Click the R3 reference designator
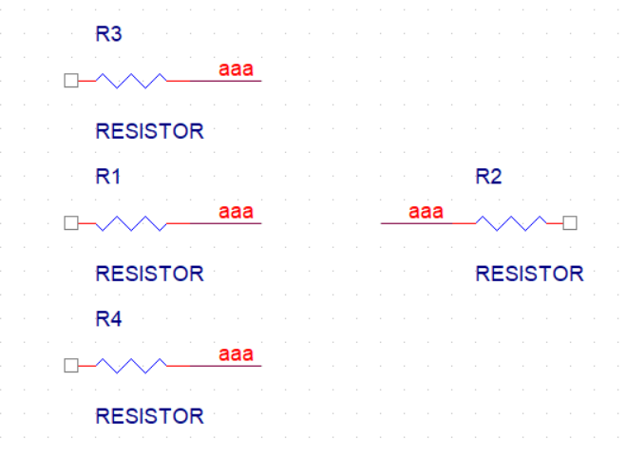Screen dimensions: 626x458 pos(108,34)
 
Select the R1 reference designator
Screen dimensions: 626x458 pos(107,177)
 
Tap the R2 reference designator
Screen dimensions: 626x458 pos(488,177)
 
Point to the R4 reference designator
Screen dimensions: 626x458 pos(108,319)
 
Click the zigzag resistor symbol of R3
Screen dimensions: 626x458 pos(131,81)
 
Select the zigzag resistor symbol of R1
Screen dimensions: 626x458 pos(131,223)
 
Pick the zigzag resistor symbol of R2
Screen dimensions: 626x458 pos(511,223)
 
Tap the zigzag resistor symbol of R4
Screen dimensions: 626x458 pos(131,366)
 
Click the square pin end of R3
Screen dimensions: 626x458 pos(71,81)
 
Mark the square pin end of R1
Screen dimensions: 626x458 pos(71,223)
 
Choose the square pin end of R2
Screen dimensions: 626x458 pos(570,223)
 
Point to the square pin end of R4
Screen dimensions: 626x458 pos(71,366)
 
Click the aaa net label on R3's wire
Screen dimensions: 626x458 pos(236,69)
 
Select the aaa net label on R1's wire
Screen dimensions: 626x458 pos(236,212)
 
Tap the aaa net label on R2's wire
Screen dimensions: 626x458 pos(426,212)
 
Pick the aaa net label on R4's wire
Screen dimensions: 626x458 pos(236,354)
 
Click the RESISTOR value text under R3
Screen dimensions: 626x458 pos(150,131)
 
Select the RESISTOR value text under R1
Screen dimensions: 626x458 pos(150,274)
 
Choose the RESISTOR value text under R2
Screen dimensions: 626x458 pos(530,274)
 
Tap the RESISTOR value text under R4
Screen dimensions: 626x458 pos(150,416)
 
